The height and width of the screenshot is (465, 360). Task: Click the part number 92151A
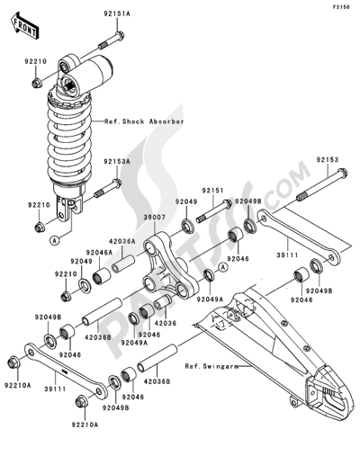(x=116, y=15)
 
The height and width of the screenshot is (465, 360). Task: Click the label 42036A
(x=122, y=241)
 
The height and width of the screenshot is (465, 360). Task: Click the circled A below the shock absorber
(x=56, y=241)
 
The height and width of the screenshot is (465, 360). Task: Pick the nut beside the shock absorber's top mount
(x=36, y=84)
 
